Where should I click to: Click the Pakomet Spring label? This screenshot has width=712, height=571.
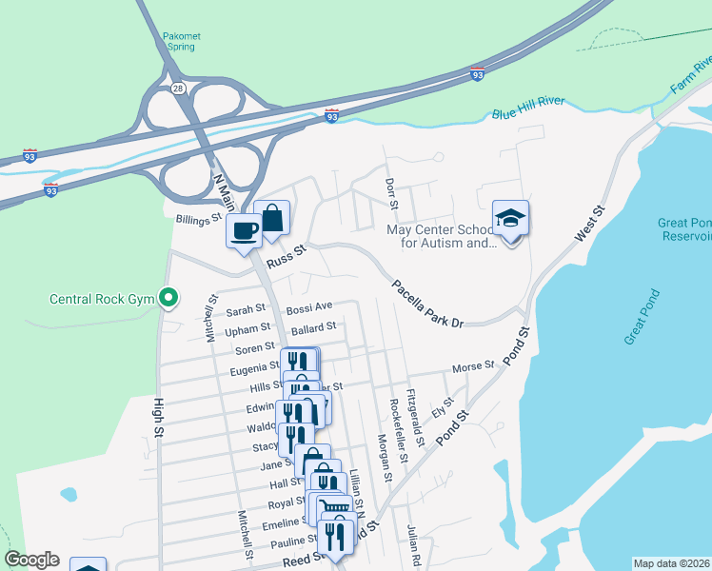pos(182,41)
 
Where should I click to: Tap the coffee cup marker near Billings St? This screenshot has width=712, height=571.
pos(245,230)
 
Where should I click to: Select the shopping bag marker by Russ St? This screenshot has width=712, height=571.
pos(272,218)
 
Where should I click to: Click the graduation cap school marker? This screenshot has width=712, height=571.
pos(510,220)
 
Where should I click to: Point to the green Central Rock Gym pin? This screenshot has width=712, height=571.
pos(168,299)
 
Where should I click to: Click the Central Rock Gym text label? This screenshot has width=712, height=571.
pos(102,300)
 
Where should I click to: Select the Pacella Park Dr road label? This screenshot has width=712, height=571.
pos(427,304)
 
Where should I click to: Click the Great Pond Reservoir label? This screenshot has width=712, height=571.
pos(684,229)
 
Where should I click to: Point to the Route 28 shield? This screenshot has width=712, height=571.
pos(178,88)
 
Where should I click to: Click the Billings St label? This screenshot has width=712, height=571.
pos(198,219)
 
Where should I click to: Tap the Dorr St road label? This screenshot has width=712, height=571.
pos(390,193)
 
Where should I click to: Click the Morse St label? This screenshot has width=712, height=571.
pos(473,365)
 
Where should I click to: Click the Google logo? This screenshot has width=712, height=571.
pos(31,560)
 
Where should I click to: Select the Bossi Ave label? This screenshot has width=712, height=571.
pos(309,307)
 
